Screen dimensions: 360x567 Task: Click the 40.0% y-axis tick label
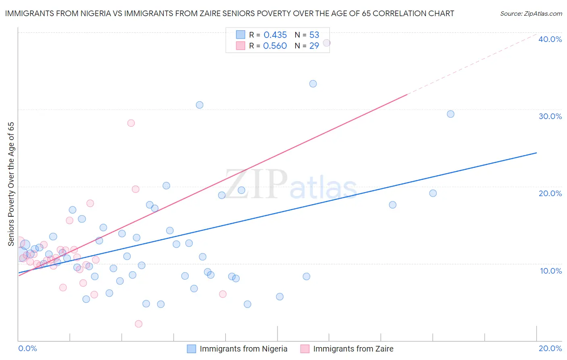[550, 39]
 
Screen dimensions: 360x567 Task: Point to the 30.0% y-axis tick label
[550, 116]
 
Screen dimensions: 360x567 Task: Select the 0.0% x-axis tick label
[28, 348]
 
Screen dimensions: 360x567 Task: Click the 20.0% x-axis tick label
[550, 348]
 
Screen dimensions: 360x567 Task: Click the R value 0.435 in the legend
[275, 35]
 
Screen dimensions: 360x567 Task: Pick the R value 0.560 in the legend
[275, 46]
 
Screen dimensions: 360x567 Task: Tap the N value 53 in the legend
[314, 35]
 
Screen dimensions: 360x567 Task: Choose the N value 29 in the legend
[314, 46]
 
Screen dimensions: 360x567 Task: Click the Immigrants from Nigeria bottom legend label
[244, 349]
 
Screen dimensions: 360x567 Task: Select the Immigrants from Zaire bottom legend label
[353, 349]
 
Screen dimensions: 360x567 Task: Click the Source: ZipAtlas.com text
[531, 13]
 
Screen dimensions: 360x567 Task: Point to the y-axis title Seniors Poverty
[11, 184]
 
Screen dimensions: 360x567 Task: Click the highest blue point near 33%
[313, 84]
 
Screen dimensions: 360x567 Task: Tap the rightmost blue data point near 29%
[450, 114]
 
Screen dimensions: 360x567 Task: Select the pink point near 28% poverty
[131, 123]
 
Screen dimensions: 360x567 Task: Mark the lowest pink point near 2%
[138, 324]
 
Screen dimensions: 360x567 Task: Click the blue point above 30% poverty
[200, 105]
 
